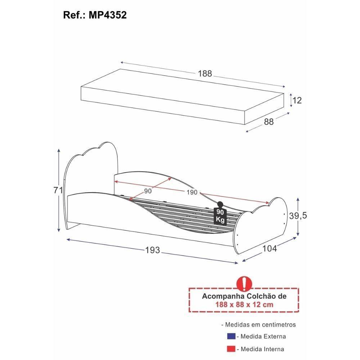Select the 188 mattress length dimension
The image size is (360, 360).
coord(205,74)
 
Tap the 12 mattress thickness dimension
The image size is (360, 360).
coord(297,100)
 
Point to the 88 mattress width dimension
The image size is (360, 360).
coord(269,122)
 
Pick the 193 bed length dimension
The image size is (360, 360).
coord(153,250)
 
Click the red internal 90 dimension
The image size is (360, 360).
coord(148,191)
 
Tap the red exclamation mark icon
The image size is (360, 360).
coord(244,284)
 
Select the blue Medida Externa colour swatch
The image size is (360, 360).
coord(231,336)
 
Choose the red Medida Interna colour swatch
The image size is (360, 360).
coord(231,349)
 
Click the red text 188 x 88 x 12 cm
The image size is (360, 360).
coord(244,305)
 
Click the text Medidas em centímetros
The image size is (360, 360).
coord(258,324)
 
